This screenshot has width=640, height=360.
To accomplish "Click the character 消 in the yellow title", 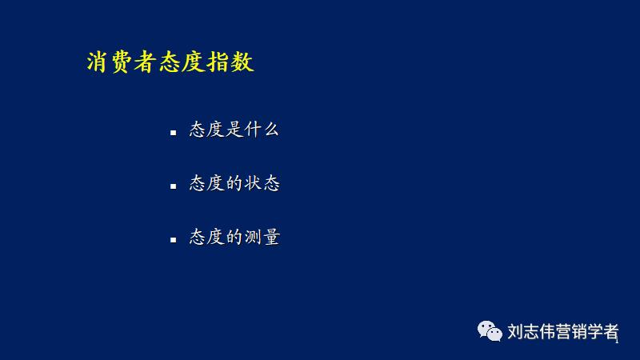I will click(98, 63).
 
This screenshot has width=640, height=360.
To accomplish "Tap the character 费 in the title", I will click(122, 63).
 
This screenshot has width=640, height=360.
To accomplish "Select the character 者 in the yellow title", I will click(146, 63).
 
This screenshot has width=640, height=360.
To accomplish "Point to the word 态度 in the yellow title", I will click(182, 63).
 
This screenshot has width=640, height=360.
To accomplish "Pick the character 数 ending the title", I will click(242, 63).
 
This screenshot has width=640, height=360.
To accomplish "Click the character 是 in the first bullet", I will click(234, 130).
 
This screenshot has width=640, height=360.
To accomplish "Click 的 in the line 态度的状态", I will click(234, 183).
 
